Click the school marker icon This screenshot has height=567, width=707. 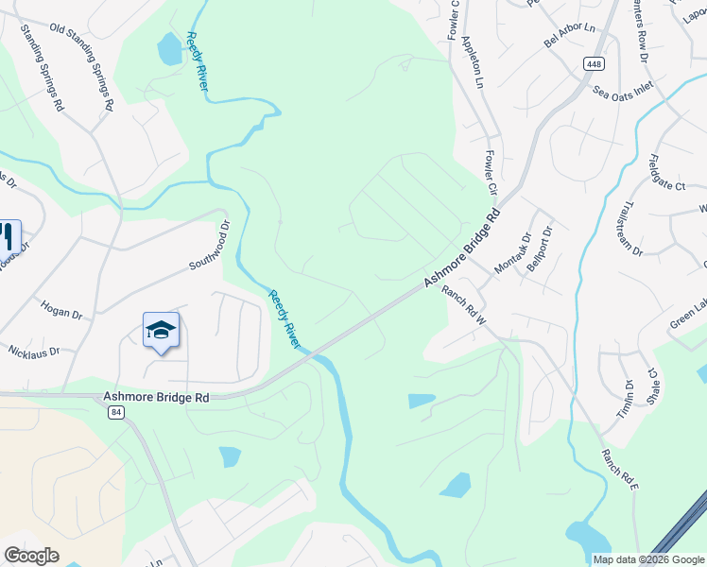[x=161, y=331]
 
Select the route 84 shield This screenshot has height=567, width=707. [x=115, y=414]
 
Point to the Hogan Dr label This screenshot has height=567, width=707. [x=61, y=309]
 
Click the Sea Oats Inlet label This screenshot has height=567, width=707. [x=623, y=92]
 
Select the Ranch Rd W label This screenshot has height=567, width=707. [x=463, y=306]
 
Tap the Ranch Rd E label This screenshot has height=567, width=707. [x=621, y=470]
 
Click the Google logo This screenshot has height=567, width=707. [x=31, y=556]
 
